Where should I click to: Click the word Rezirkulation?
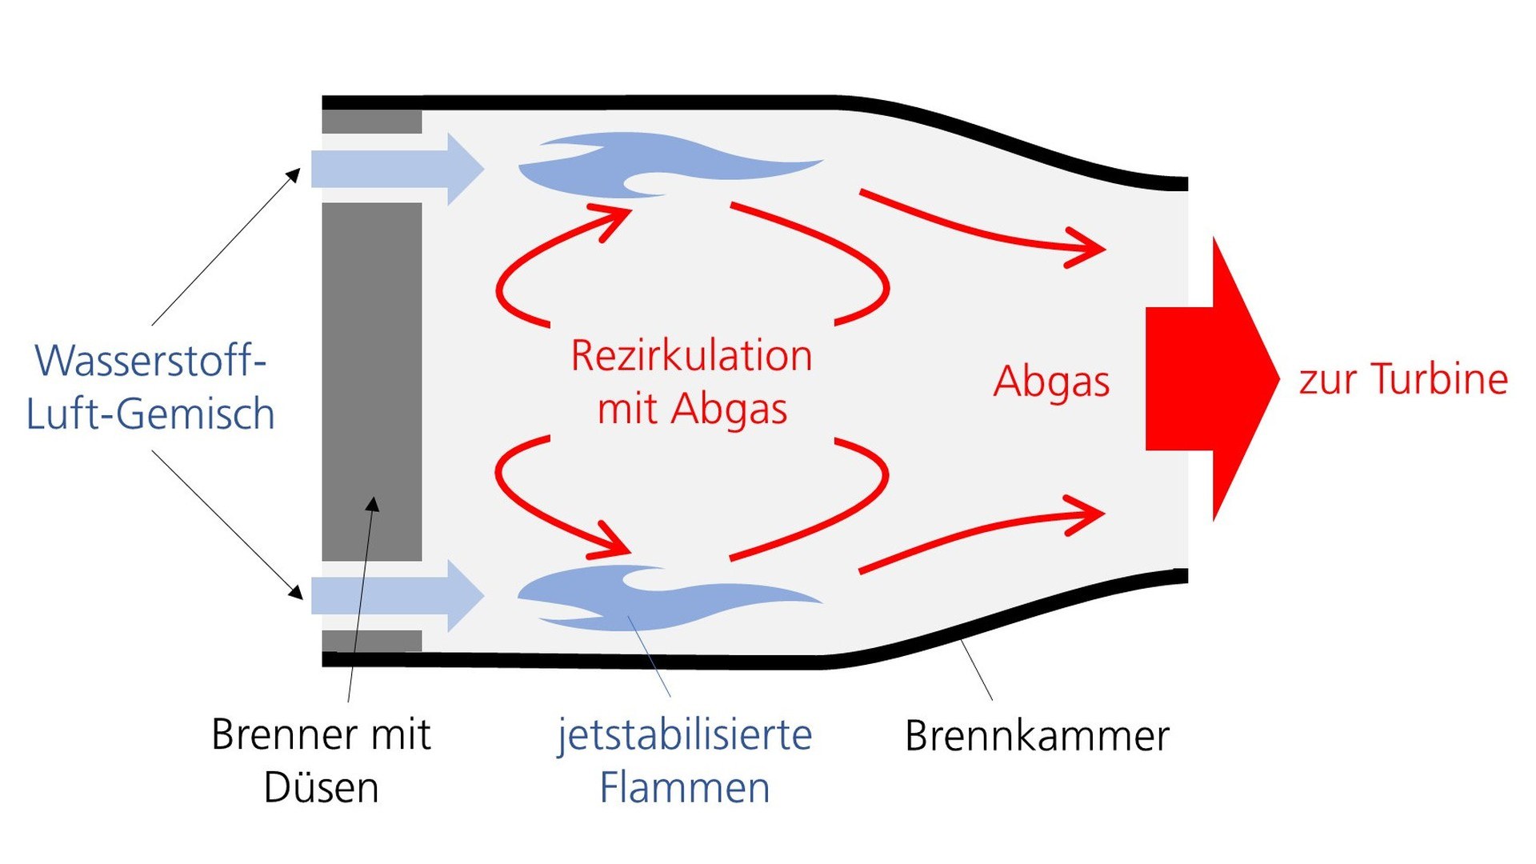691,356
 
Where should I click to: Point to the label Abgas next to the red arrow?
1051,382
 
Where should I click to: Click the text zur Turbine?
1403,379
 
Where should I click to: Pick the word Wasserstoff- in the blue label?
150,361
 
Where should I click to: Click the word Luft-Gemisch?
150,414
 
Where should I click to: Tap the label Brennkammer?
1037,736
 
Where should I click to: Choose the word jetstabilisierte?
685,734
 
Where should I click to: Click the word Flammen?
685,788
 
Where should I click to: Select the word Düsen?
321,788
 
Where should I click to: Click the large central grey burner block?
372,382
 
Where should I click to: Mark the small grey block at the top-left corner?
372,122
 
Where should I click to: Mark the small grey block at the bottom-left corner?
372,641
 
